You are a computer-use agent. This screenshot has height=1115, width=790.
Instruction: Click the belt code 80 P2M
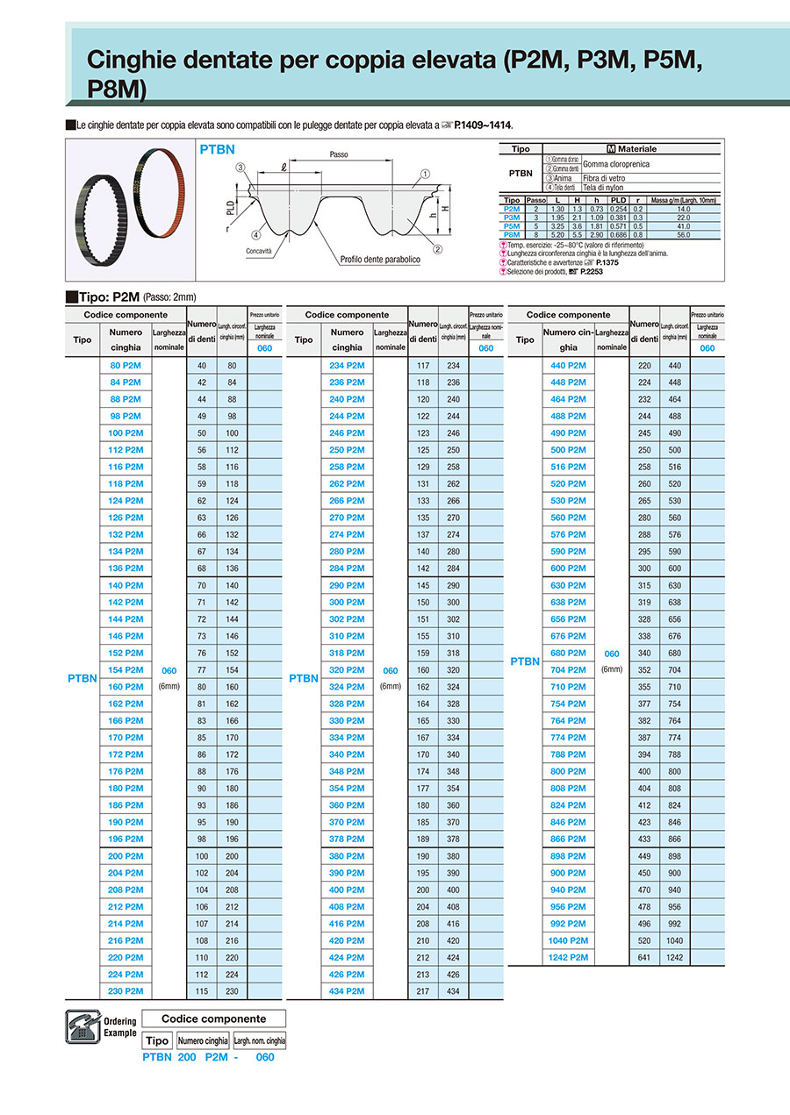[126, 365]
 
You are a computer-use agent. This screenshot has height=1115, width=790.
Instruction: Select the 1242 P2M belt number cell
[568, 957]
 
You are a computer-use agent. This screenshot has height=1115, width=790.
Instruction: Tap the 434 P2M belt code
[347, 991]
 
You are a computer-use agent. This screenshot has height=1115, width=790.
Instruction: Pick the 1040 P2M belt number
[568, 940]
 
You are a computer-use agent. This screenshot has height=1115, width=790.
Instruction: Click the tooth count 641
[645, 957]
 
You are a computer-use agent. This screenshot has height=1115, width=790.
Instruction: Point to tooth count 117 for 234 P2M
[424, 365]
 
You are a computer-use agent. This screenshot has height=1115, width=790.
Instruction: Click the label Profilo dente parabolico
[381, 260]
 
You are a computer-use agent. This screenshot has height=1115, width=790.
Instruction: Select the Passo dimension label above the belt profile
[339, 154]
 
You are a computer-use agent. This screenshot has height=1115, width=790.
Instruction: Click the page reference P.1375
[607, 262]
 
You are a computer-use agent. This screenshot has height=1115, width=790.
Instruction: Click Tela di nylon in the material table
[604, 187]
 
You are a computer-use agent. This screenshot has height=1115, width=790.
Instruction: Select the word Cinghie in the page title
[133, 61]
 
